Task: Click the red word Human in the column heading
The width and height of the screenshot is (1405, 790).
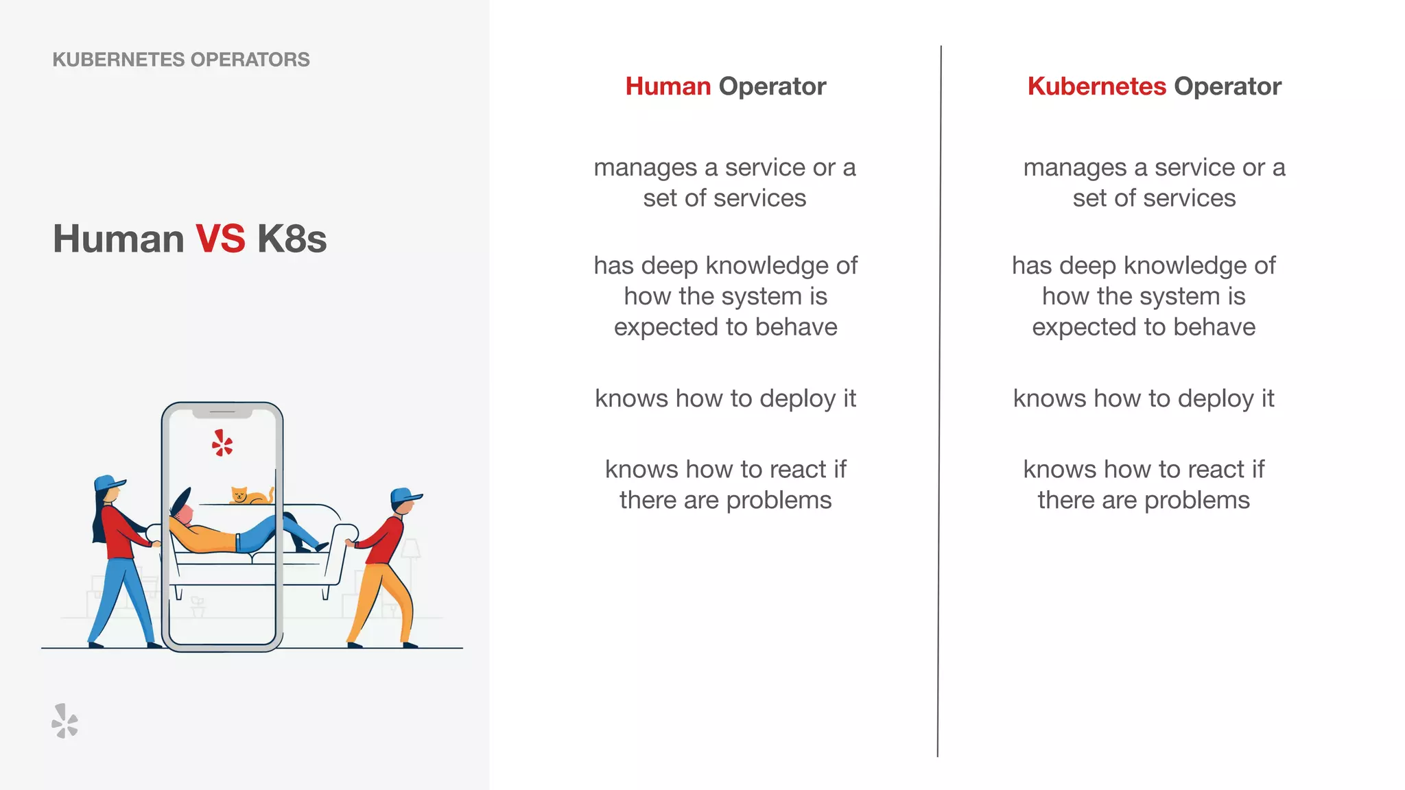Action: [x=668, y=86]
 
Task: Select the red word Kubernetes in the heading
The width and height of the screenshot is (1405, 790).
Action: [x=1096, y=86]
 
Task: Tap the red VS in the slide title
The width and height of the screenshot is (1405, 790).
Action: [x=220, y=239]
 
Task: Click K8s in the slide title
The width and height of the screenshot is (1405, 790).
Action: [x=292, y=239]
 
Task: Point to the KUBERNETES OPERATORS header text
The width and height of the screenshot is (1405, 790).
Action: [x=181, y=60]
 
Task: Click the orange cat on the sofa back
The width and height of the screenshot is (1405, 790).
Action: [x=249, y=495]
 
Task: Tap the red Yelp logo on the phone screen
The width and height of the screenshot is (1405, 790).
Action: [x=222, y=444]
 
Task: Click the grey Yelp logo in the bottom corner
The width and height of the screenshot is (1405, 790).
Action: [x=65, y=721]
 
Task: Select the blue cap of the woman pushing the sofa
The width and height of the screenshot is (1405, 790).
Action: [x=108, y=483]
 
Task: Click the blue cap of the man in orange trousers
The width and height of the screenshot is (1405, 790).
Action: [x=404, y=495]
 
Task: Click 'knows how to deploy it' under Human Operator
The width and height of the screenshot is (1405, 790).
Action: [x=725, y=398]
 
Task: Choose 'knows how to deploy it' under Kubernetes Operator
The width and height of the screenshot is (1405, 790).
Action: [x=1144, y=398]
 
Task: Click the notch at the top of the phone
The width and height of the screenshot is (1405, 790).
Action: [x=222, y=413]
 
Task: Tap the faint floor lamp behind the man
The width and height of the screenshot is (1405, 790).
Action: [x=411, y=552]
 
